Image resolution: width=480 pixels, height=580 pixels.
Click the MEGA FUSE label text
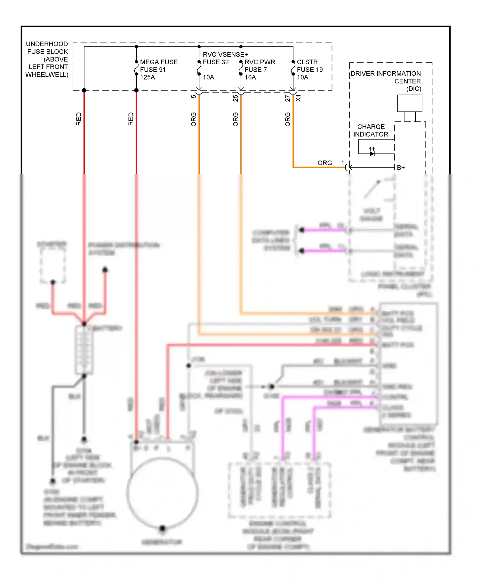pos(159,62)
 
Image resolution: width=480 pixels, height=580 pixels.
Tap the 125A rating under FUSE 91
pos(148,77)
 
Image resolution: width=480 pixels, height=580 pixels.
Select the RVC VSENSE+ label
pos(225,54)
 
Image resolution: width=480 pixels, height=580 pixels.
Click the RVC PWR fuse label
pos(260,62)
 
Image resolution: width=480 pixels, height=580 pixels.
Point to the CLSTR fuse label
pos(307,62)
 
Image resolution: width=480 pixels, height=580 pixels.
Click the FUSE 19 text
pos(309,70)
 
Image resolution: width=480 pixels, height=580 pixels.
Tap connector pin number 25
pos(236,98)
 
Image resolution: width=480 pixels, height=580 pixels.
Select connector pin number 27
pos(288,98)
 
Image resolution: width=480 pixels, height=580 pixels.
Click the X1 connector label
pos(298,98)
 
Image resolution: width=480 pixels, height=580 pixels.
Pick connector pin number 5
pos(194,96)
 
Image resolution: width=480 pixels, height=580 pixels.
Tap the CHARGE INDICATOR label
pos(371,130)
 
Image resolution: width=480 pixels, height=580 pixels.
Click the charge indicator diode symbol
pos(372,154)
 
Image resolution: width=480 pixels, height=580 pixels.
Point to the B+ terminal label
pos(401,168)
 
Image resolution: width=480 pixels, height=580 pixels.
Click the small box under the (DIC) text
pos(410,103)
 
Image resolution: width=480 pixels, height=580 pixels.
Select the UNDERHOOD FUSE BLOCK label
pos(47,59)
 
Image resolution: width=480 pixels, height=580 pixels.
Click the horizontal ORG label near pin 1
pos(324,163)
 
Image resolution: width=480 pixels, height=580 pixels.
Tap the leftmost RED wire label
pos(79,119)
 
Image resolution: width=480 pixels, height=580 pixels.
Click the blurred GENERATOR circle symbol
pos(162,493)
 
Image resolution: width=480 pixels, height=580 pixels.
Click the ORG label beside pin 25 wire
pos(236,119)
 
